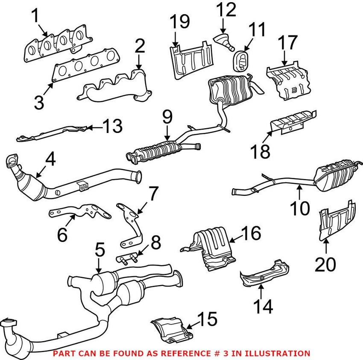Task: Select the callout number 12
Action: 225,9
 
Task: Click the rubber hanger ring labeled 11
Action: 242,60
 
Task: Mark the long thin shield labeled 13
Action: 53,133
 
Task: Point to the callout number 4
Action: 50,160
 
